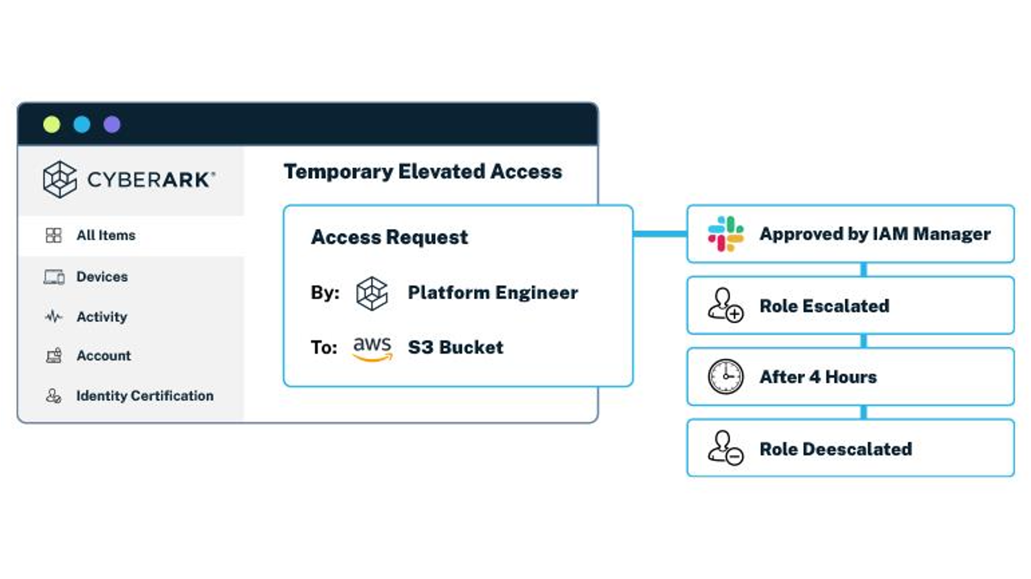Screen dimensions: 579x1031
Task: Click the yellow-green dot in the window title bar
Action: click(52, 125)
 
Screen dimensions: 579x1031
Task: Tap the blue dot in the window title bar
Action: click(82, 125)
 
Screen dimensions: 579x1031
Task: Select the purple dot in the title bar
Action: click(112, 125)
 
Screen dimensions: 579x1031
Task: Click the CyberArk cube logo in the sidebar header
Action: click(60, 179)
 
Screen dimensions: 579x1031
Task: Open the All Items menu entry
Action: click(106, 235)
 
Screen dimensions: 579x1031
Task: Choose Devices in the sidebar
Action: click(102, 277)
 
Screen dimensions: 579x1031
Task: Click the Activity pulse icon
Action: click(54, 316)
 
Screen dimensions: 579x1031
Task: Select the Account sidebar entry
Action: click(103, 356)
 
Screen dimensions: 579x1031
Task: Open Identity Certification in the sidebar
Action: click(144, 395)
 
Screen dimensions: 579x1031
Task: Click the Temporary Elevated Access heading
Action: click(423, 172)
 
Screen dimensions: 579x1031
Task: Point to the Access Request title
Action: click(389, 237)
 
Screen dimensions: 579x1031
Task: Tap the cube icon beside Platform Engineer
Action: click(372, 293)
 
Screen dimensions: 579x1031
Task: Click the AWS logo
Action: click(372, 348)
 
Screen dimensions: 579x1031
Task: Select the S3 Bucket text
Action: click(455, 347)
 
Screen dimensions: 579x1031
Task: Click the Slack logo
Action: click(725, 234)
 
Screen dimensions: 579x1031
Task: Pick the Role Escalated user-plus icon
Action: click(725, 305)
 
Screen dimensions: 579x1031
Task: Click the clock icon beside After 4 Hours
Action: click(725, 377)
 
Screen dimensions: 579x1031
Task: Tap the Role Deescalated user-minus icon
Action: click(725, 448)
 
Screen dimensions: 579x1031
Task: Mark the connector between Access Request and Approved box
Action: click(660, 234)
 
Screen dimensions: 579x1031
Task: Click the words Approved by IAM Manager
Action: click(875, 234)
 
